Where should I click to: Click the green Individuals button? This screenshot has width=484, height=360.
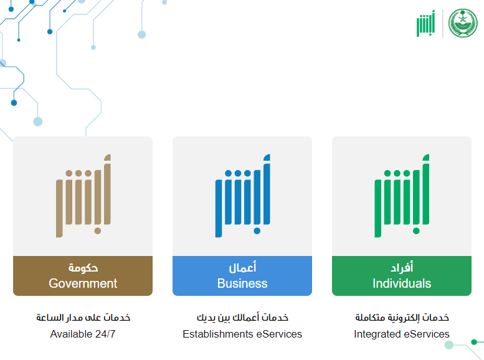(x=402, y=276)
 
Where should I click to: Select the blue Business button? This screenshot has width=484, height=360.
(x=242, y=276)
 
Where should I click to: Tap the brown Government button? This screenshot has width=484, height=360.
(x=83, y=276)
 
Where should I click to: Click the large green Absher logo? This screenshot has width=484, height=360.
(x=402, y=196)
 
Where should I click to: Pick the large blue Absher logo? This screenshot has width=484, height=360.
(x=242, y=196)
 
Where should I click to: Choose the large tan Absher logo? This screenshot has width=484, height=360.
(x=83, y=196)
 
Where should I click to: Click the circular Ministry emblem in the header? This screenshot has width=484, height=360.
(x=463, y=23)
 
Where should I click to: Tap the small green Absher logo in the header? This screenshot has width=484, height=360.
(x=425, y=24)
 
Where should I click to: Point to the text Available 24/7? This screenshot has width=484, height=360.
(x=83, y=334)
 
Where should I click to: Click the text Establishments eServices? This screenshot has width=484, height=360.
(x=242, y=334)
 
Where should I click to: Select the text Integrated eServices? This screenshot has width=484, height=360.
(x=402, y=334)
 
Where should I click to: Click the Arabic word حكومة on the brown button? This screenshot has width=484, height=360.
(x=83, y=268)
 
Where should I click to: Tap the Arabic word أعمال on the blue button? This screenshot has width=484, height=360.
(x=242, y=267)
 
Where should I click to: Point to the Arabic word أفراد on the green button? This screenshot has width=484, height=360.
(x=402, y=267)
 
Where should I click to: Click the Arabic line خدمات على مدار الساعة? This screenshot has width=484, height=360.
(x=83, y=318)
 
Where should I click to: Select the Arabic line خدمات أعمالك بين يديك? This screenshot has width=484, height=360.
(x=242, y=318)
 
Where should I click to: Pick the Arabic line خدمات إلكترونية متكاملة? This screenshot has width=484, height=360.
(x=402, y=318)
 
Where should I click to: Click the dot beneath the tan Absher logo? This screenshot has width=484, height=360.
(x=98, y=231)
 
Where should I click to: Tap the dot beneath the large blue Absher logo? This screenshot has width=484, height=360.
(x=257, y=231)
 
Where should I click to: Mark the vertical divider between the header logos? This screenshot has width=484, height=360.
(x=443, y=24)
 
